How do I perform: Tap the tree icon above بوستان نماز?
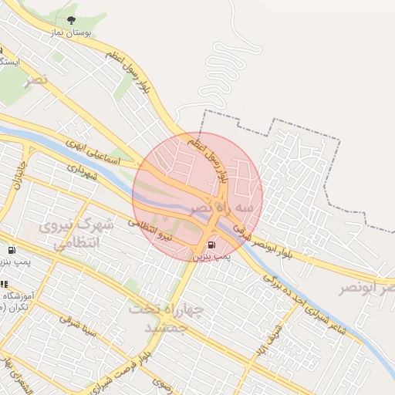point(72,21)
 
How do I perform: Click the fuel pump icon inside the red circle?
point(211,245)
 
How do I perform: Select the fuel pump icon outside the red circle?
point(12,251)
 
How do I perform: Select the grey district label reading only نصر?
point(35,80)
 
